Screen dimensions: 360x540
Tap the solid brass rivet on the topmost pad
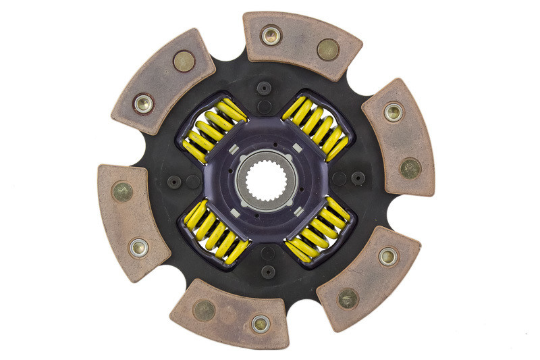click(327, 49)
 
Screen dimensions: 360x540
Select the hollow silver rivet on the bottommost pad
click(261, 324)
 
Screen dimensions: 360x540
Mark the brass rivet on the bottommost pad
click(204, 310)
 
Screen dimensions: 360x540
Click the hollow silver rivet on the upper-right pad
click(394, 111)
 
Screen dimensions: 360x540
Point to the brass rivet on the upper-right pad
click(410, 168)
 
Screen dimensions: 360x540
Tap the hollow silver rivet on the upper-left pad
click(143, 103)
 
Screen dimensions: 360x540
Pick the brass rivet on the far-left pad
click(122, 192)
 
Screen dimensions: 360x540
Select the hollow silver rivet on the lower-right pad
click(387, 256)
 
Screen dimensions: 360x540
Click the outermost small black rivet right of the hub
click(358, 178)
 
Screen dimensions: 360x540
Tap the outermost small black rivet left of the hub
click(174, 182)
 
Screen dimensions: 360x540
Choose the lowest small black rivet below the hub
click(267, 272)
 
